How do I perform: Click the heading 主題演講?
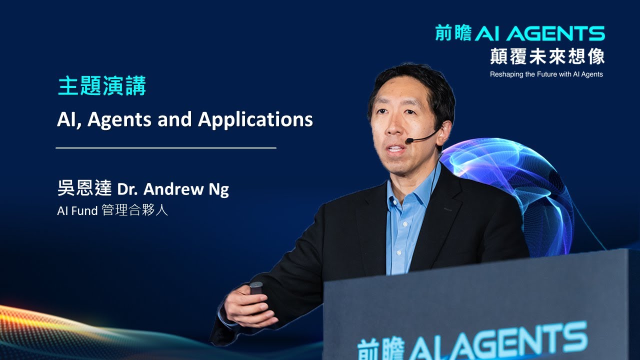pyautogui.click(x=102, y=86)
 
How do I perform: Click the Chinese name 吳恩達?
pyautogui.click(x=84, y=189)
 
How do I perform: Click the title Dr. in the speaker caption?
pyautogui.click(x=129, y=190)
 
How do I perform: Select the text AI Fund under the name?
pyautogui.click(x=77, y=211)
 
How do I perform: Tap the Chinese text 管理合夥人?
pyautogui.click(x=134, y=210)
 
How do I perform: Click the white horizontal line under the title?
pyautogui.click(x=165, y=148)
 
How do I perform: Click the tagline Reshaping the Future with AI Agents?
pyautogui.click(x=546, y=74)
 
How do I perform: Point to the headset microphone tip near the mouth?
pyautogui.click(x=408, y=141)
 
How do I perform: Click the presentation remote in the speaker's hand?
pyautogui.click(x=256, y=287)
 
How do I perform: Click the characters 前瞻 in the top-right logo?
pyautogui.click(x=453, y=34)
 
